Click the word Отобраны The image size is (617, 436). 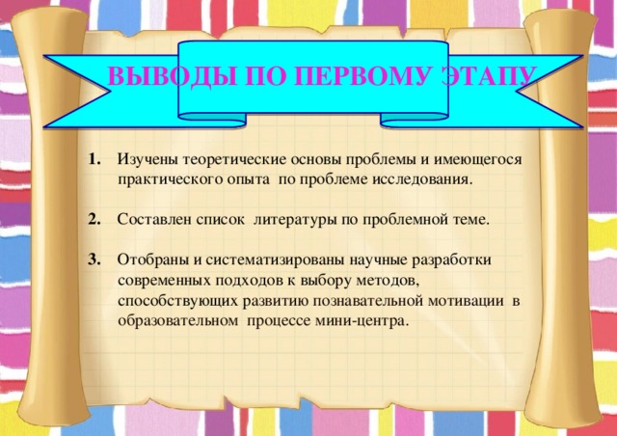pos(152,260)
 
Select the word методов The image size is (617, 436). pos(384,281)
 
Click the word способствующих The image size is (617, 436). pos(174,301)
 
